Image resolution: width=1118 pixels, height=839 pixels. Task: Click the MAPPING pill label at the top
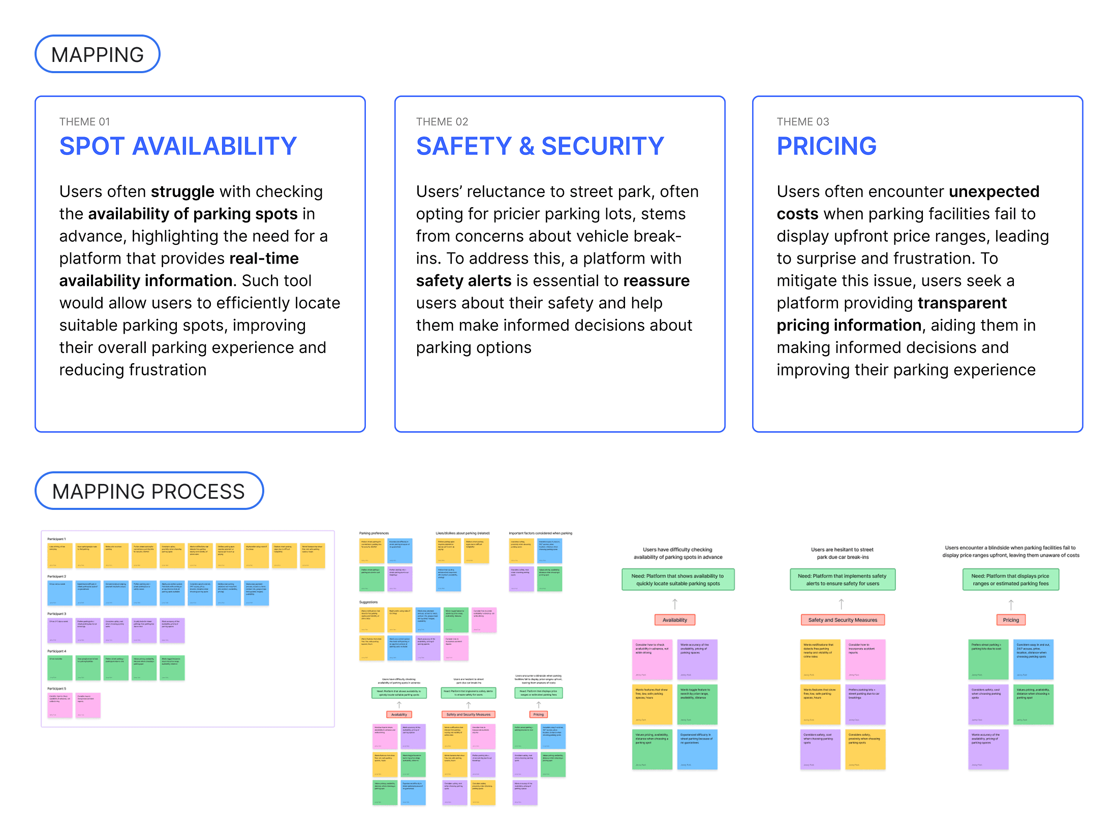pos(98,54)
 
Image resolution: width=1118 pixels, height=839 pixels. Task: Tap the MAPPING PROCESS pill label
pos(148,491)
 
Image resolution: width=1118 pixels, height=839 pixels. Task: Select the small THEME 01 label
pos(84,122)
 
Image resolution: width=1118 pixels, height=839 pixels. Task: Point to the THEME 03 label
pos(802,122)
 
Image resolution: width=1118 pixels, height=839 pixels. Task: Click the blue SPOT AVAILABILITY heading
pos(178,146)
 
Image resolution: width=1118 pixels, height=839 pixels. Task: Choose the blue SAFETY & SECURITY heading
pos(540,146)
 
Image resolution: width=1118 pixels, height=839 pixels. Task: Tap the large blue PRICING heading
pos(826,146)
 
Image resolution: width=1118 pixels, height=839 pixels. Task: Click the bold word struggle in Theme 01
pos(182,191)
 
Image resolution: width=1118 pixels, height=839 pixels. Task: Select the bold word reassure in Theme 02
pos(656,281)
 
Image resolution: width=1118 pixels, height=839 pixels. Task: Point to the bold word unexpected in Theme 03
pos(993,191)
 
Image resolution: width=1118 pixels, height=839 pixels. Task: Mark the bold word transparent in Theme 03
pos(961,303)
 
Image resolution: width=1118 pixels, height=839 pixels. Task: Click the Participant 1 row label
pos(56,539)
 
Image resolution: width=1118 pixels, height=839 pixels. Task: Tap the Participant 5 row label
pos(56,689)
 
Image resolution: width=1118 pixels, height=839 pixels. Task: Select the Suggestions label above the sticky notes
pos(368,602)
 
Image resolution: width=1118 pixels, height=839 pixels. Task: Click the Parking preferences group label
pos(374,533)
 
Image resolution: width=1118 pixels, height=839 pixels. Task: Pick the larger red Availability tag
pos(674,620)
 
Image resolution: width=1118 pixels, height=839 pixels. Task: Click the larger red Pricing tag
pos(1010,620)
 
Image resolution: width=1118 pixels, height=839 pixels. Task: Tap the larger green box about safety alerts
pos(842,579)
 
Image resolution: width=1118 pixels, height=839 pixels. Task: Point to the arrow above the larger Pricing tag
pos(1011,604)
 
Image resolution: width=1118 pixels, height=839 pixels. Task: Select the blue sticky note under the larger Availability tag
pos(697,750)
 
